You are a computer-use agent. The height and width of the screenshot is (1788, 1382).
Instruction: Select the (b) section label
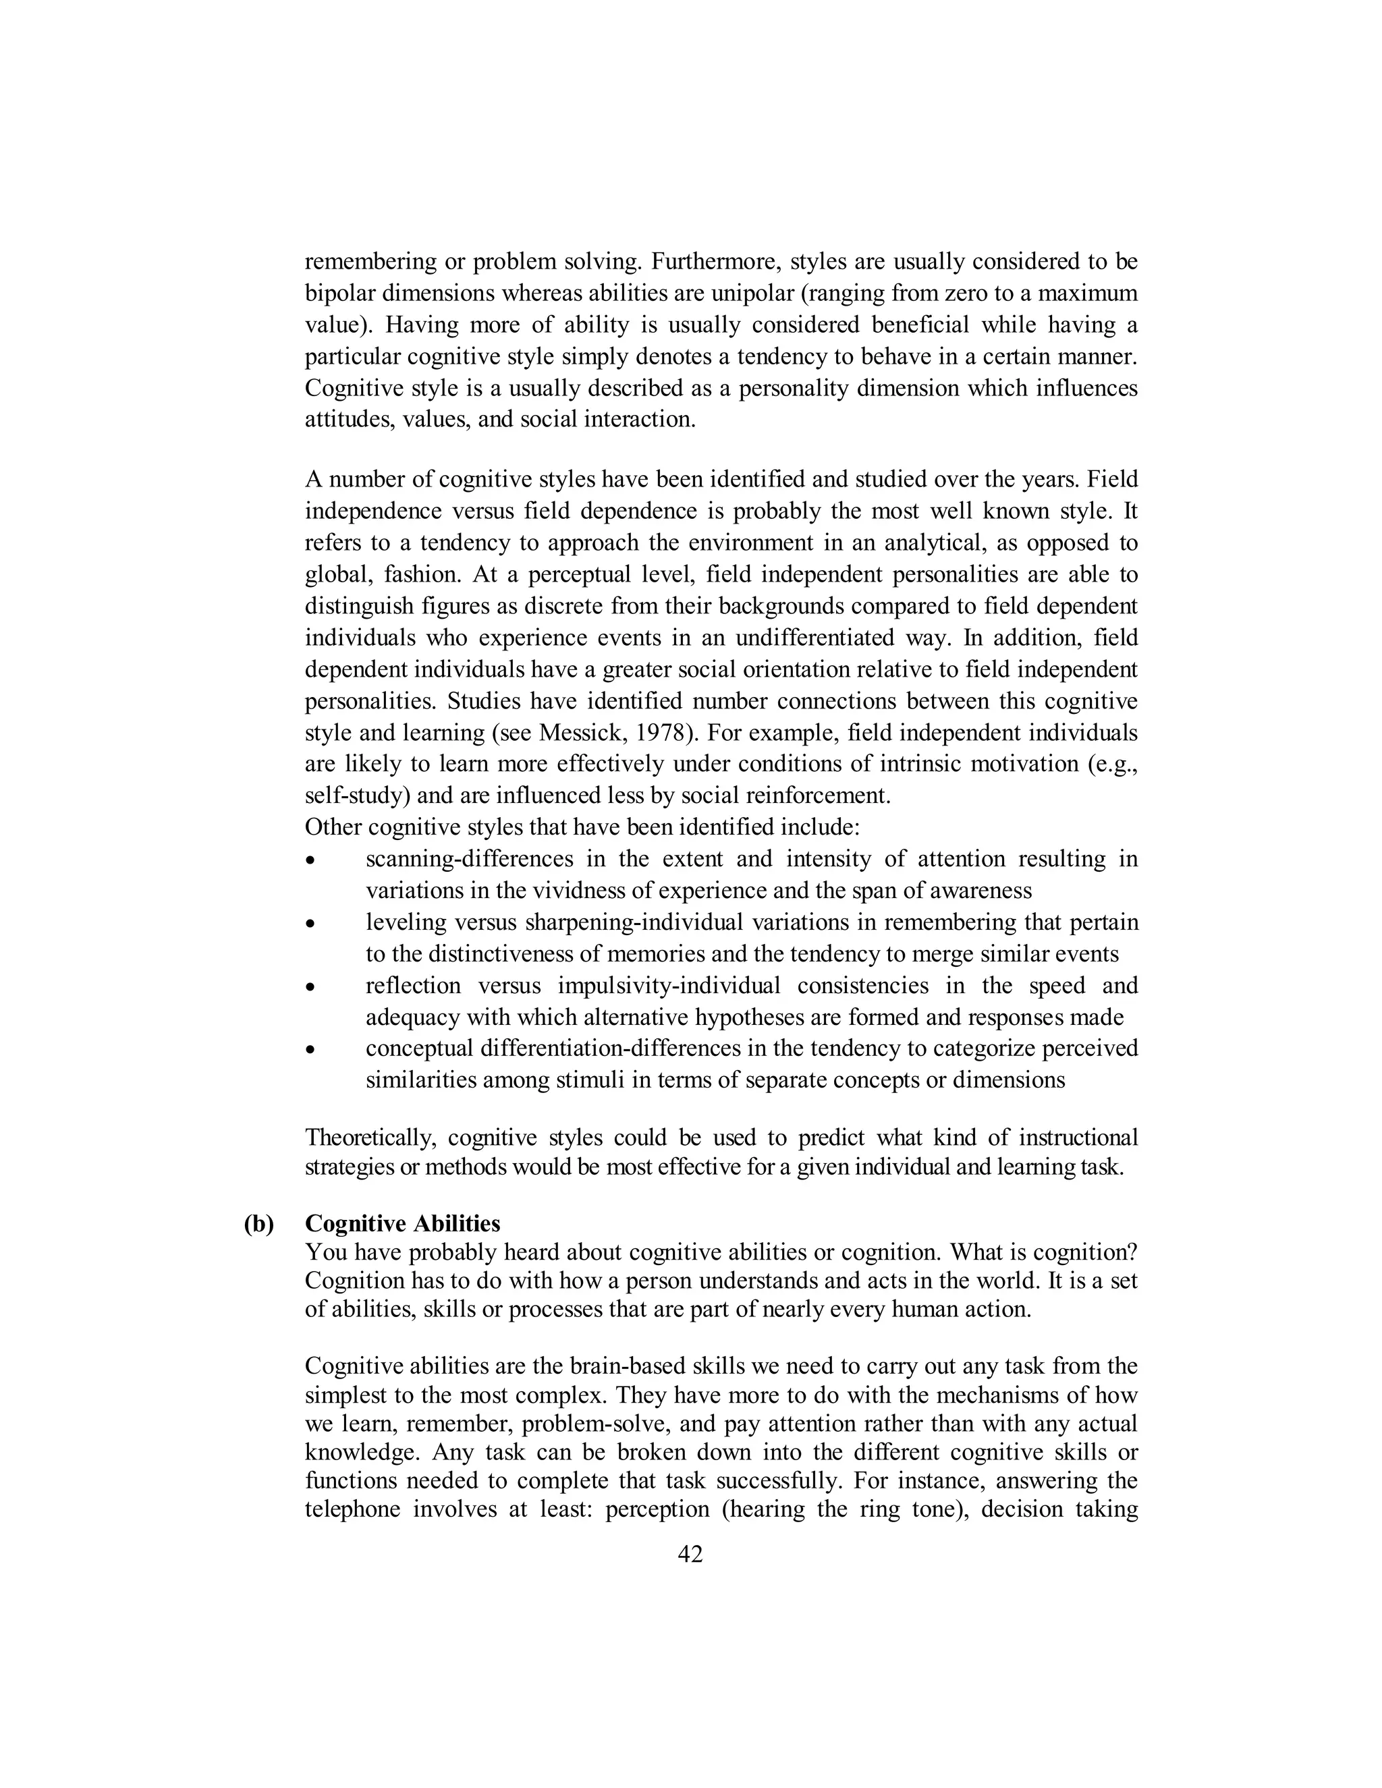click(x=258, y=1223)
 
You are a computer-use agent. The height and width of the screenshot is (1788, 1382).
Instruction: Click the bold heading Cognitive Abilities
click(x=402, y=1223)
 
